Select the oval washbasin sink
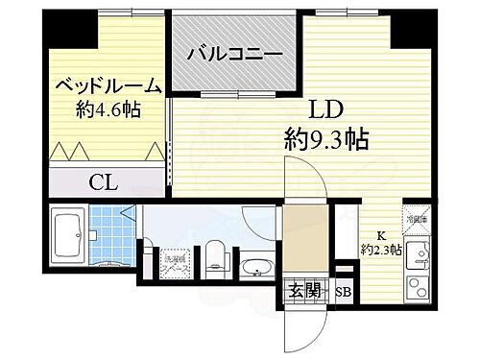[255, 267]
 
